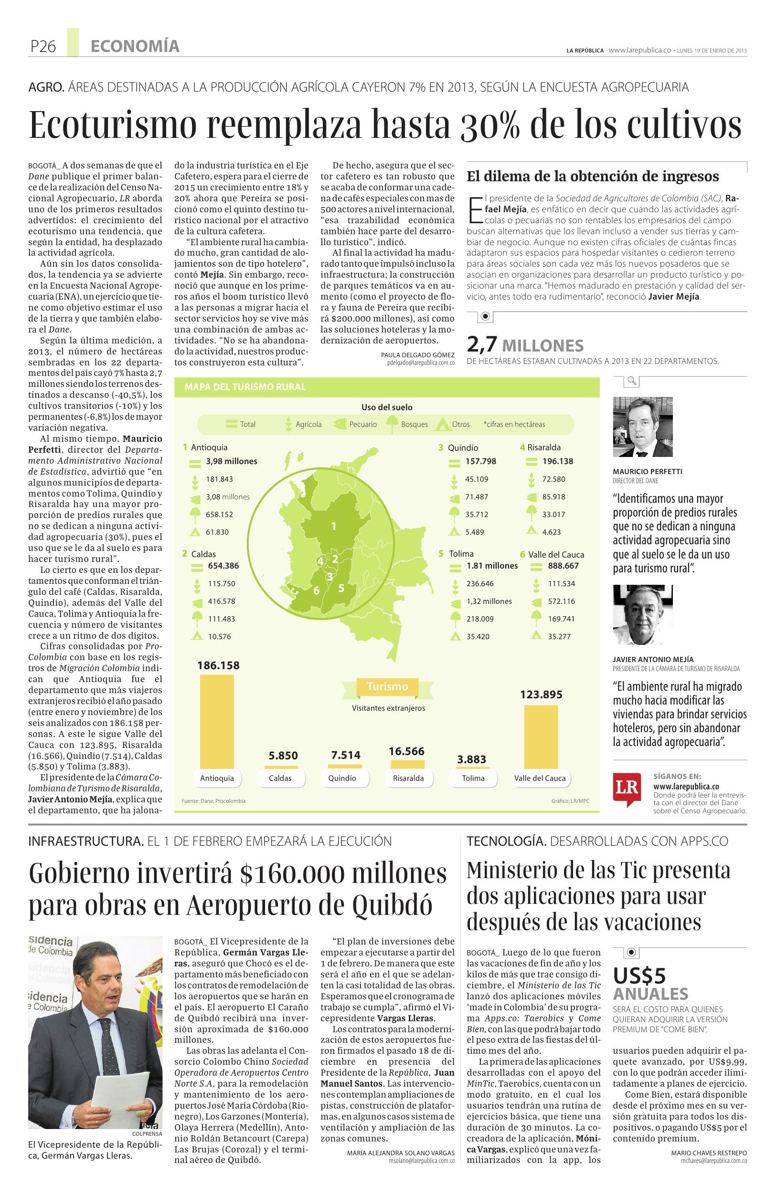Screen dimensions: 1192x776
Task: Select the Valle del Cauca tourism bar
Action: click(x=541, y=736)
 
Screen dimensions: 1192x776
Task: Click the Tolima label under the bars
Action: click(x=473, y=778)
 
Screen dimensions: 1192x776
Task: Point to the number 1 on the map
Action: click(x=333, y=526)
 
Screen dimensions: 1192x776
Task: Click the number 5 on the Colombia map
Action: click(x=341, y=588)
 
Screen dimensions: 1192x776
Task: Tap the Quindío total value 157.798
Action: click(x=480, y=461)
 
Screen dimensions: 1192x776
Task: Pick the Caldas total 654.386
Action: click(x=223, y=566)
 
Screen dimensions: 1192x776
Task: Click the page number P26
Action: click(x=43, y=47)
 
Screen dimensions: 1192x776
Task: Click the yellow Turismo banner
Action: click(x=387, y=687)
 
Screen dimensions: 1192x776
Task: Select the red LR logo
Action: click(x=627, y=787)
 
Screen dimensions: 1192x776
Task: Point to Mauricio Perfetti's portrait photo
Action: click(x=642, y=427)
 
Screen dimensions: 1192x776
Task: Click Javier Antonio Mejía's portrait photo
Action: click(x=642, y=615)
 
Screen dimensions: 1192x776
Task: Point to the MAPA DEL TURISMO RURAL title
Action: click(x=245, y=387)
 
